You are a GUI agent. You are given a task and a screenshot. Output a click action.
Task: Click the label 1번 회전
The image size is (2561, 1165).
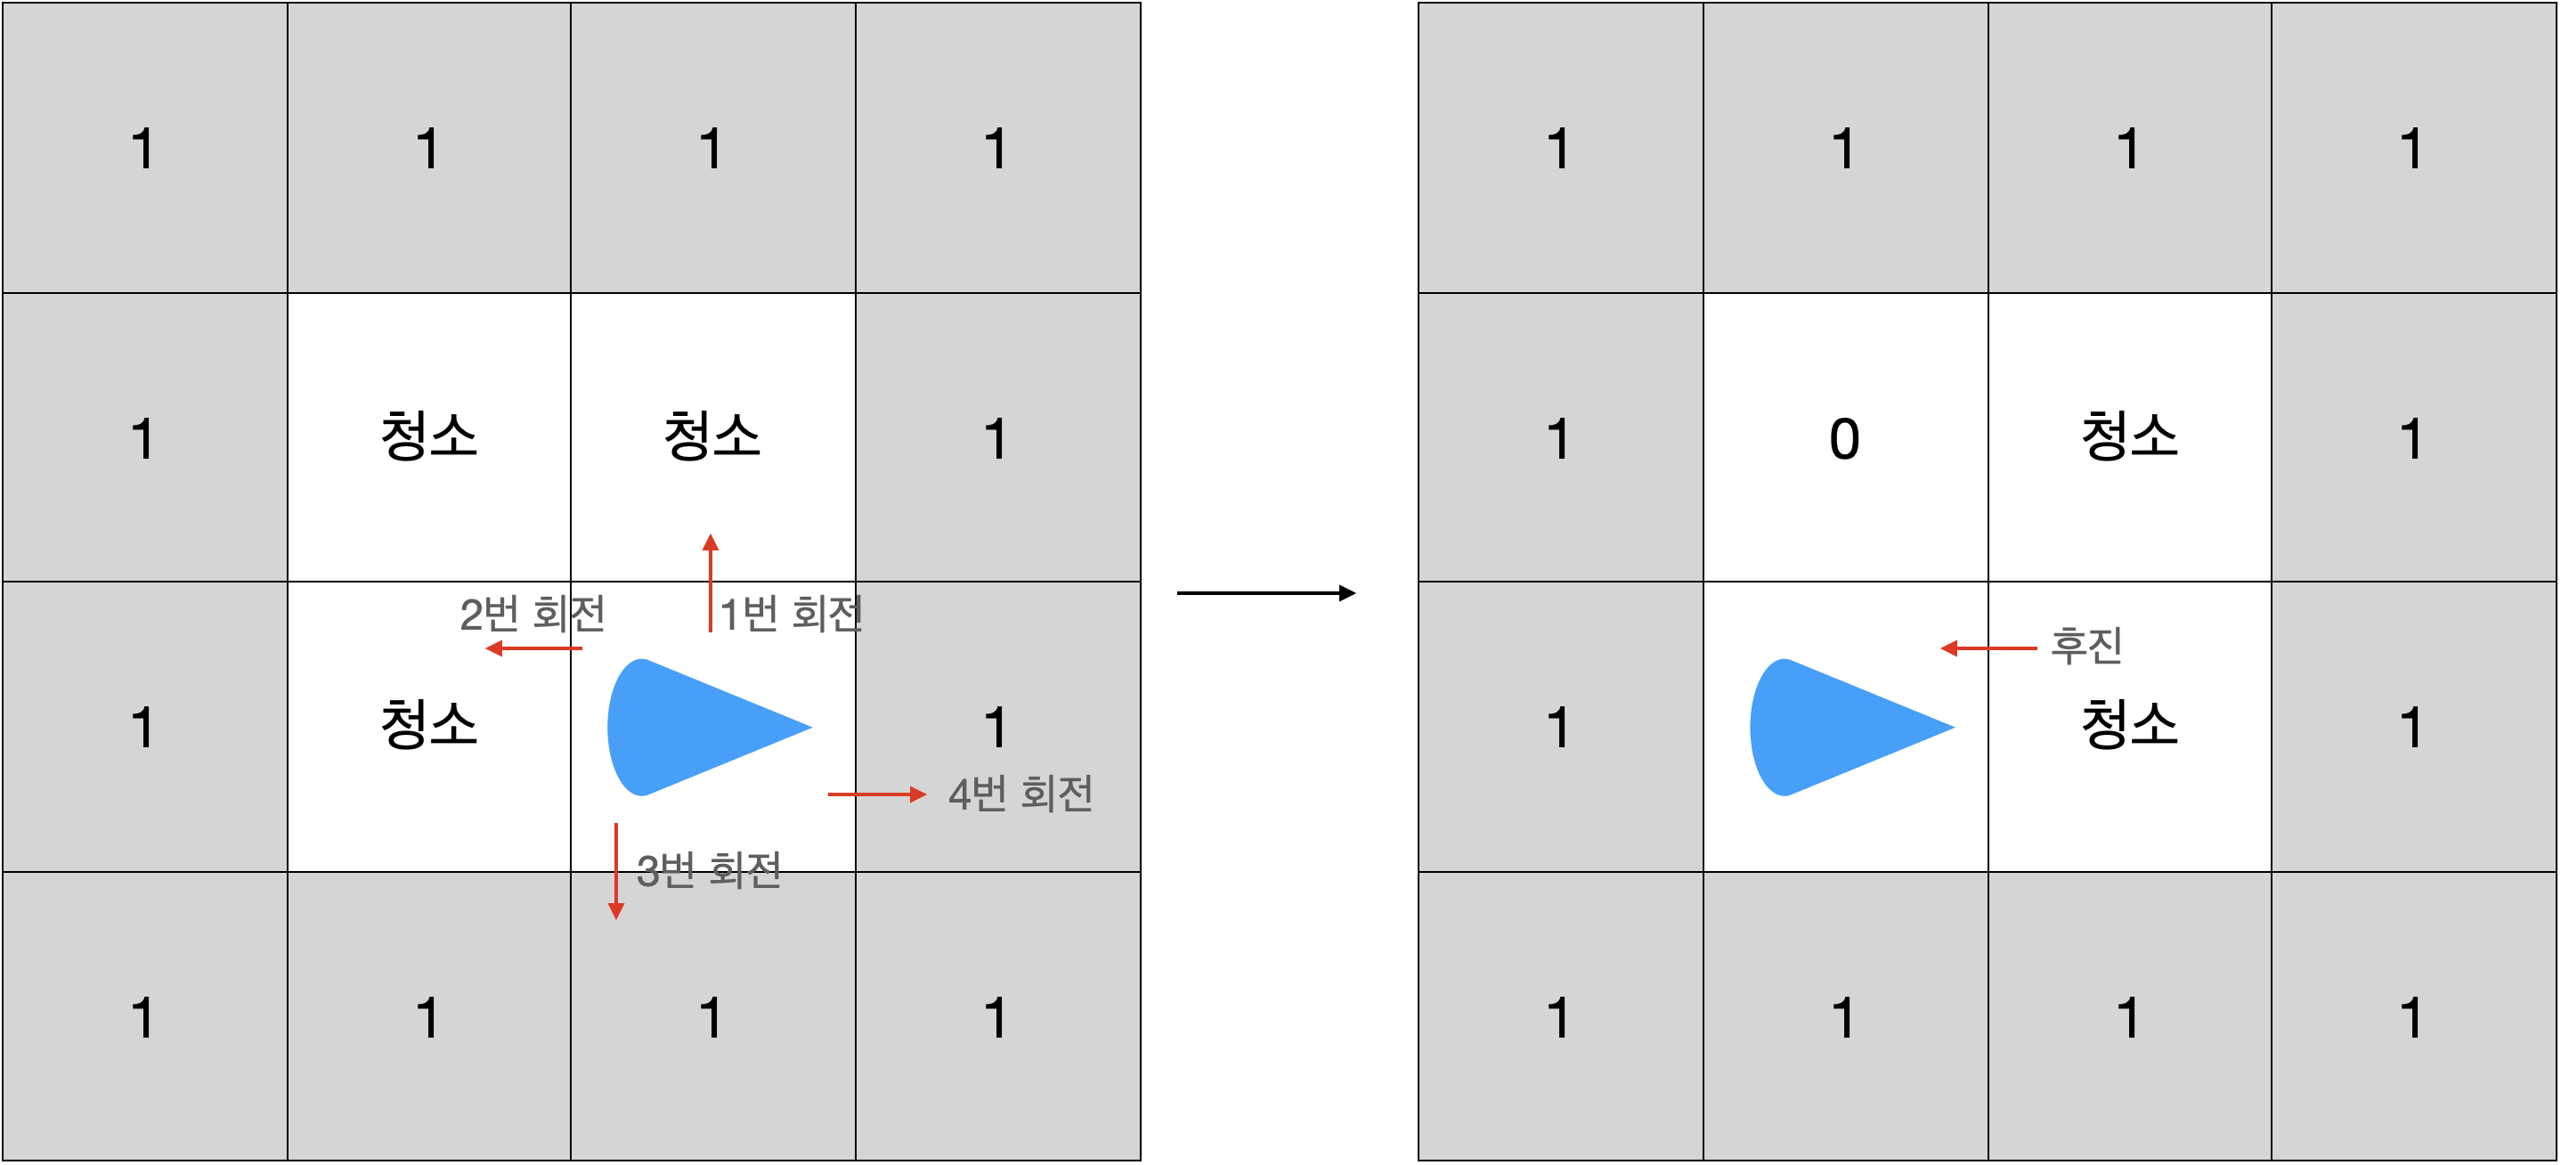pos(791,614)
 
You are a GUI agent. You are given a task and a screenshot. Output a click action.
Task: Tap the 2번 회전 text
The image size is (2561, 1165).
pos(532,614)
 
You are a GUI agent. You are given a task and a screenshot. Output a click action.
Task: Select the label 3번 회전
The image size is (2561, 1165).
pos(708,870)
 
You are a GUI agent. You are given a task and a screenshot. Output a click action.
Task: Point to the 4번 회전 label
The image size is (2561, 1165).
pos(1020,794)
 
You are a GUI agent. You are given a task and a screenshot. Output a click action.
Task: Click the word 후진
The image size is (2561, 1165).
pos(2085,646)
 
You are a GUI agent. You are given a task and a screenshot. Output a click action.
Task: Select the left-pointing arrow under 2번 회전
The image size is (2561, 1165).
pos(534,648)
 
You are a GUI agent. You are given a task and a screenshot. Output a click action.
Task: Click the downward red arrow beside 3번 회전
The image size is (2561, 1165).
pos(615,871)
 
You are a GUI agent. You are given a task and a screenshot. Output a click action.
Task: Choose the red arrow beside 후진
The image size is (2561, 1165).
pos(1988,648)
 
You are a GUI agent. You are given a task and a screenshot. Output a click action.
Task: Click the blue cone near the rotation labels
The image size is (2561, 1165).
pos(696,727)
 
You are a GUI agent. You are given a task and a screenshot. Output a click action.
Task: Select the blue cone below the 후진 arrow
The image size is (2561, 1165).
pos(1838,727)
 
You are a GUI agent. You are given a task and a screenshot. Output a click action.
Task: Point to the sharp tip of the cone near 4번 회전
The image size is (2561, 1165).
pos(809,727)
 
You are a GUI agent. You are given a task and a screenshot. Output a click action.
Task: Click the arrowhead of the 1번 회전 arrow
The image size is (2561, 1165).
pos(710,542)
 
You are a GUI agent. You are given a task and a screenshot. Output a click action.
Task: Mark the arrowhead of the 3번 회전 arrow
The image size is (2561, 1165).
pos(615,910)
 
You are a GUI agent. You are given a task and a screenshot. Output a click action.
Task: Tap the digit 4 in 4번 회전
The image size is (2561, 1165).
pos(958,795)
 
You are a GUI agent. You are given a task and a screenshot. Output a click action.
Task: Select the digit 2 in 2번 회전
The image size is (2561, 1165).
pos(470,615)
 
